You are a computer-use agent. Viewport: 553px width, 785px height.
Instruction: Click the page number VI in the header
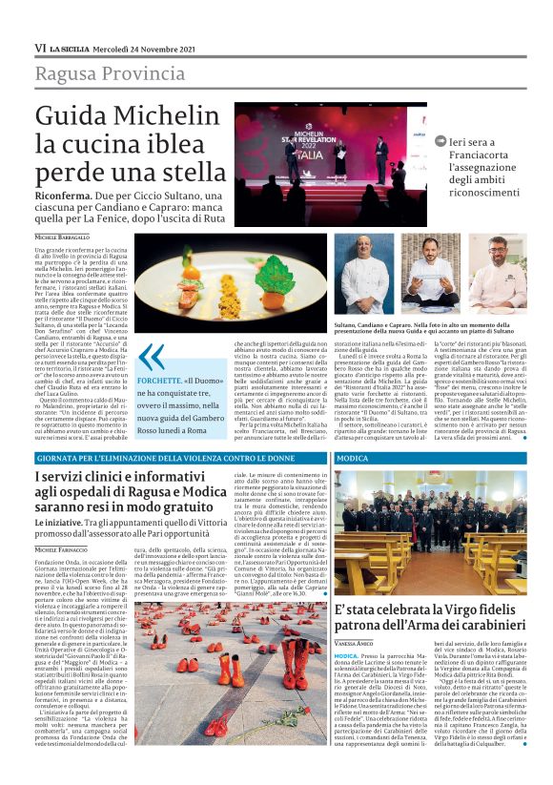click(x=40, y=48)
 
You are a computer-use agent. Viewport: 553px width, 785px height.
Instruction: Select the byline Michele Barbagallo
click(x=65, y=236)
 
